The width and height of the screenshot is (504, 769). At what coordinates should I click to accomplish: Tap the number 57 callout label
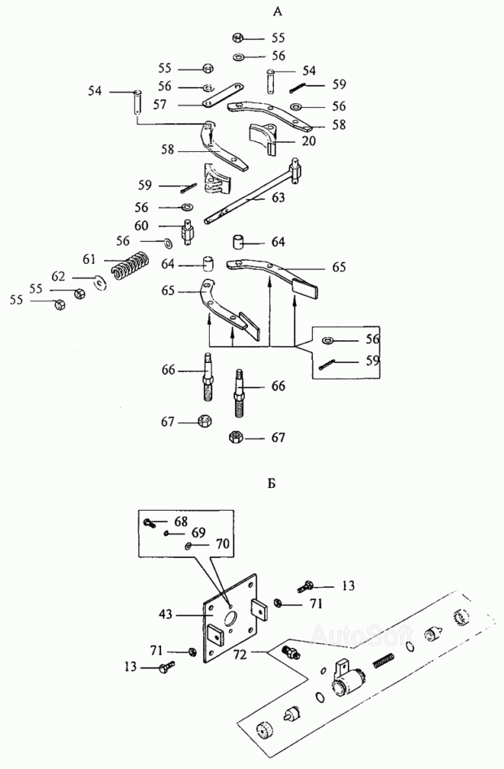click(x=160, y=105)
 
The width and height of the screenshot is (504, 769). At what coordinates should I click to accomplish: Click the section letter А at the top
click(x=277, y=11)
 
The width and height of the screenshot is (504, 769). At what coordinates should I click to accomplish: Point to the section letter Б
click(x=272, y=483)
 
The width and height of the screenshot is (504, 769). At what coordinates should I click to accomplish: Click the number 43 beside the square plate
click(x=165, y=614)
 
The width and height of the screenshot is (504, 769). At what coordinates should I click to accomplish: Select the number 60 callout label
click(x=141, y=226)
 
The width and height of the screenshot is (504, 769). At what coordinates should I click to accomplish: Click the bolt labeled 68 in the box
click(x=150, y=523)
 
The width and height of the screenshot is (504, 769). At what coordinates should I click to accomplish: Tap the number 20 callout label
click(x=309, y=140)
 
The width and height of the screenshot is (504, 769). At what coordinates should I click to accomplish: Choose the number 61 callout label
click(x=89, y=259)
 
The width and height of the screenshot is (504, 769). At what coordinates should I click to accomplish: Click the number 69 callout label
click(x=198, y=533)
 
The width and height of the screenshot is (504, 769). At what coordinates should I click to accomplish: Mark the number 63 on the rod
click(x=278, y=197)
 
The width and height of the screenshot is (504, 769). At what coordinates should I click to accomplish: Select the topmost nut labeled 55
click(x=238, y=38)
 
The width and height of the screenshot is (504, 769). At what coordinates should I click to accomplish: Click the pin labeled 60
click(x=189, y=232)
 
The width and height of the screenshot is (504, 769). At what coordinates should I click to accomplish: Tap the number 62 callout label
click(x=59, y=277)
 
